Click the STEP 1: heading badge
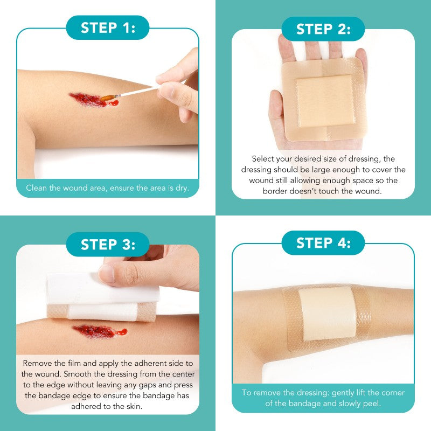[x=108, y=27]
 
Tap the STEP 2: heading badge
[x=323, y=29]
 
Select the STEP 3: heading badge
[x=108, y=245]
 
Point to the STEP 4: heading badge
[x=323, y=243]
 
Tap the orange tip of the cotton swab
[x=107, y=98]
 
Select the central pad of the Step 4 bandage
[x=327, y=314]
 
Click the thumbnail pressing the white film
[x=106, y=274]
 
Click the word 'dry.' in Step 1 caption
[x=182, y=188]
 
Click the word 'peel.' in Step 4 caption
[x=372, y=404]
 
